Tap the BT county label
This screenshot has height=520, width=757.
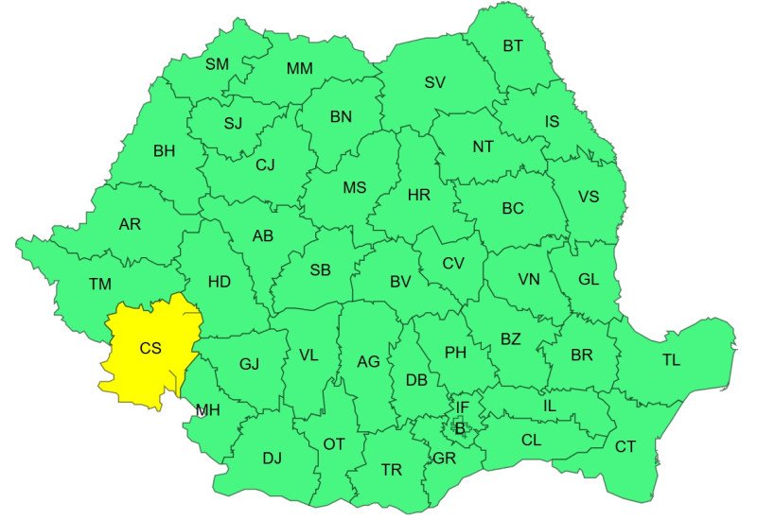tap(513, 45)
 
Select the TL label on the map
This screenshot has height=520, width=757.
tap(671, 360)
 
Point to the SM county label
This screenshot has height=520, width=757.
tap(217, 64)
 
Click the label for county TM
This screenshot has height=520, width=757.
tap(99, 284)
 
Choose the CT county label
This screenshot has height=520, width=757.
tap(625, 446)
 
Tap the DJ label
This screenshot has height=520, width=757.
tap(273, 459)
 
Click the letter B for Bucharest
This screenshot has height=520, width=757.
tap(461, 428)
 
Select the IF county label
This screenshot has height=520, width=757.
tap(463, 407)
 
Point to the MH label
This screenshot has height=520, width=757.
tap(208, 409)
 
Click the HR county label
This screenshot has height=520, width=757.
tap(418, 196)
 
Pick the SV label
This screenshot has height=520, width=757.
tap(434, 82)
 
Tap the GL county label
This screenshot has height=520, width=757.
tap(589, 279)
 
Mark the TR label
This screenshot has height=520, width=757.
tap(391, 470)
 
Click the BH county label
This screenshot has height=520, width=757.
tap(164, 150)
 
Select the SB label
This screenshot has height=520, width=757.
tap(321, 270)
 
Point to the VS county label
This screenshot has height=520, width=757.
tap(589, 197)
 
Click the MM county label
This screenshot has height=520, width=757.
tap(300, 68)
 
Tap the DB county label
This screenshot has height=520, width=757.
tap(416, 380)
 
